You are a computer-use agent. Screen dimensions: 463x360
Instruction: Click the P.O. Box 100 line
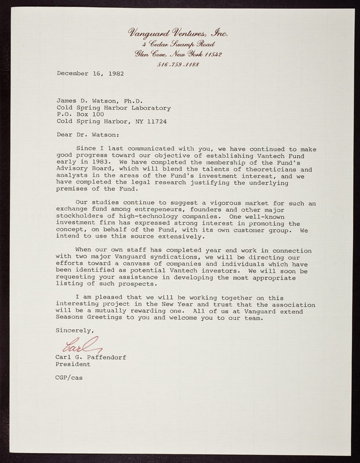[80, 115]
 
